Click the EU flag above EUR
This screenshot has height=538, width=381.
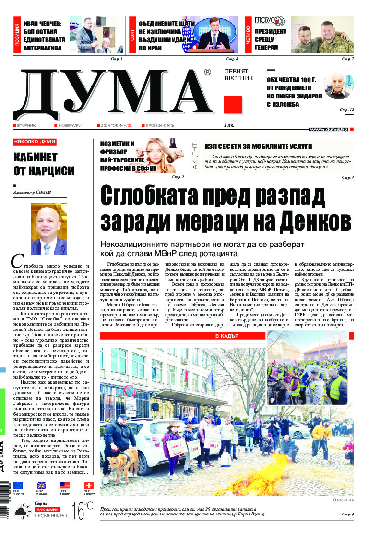pos(18,486)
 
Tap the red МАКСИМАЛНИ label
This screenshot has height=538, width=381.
pos(47,509)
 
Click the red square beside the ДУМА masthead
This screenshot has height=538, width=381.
pos(233,105)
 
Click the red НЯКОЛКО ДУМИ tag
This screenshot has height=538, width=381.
pos(35,142)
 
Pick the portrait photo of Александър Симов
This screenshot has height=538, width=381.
pos(48,229)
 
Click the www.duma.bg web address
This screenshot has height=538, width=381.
pos(328,129)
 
